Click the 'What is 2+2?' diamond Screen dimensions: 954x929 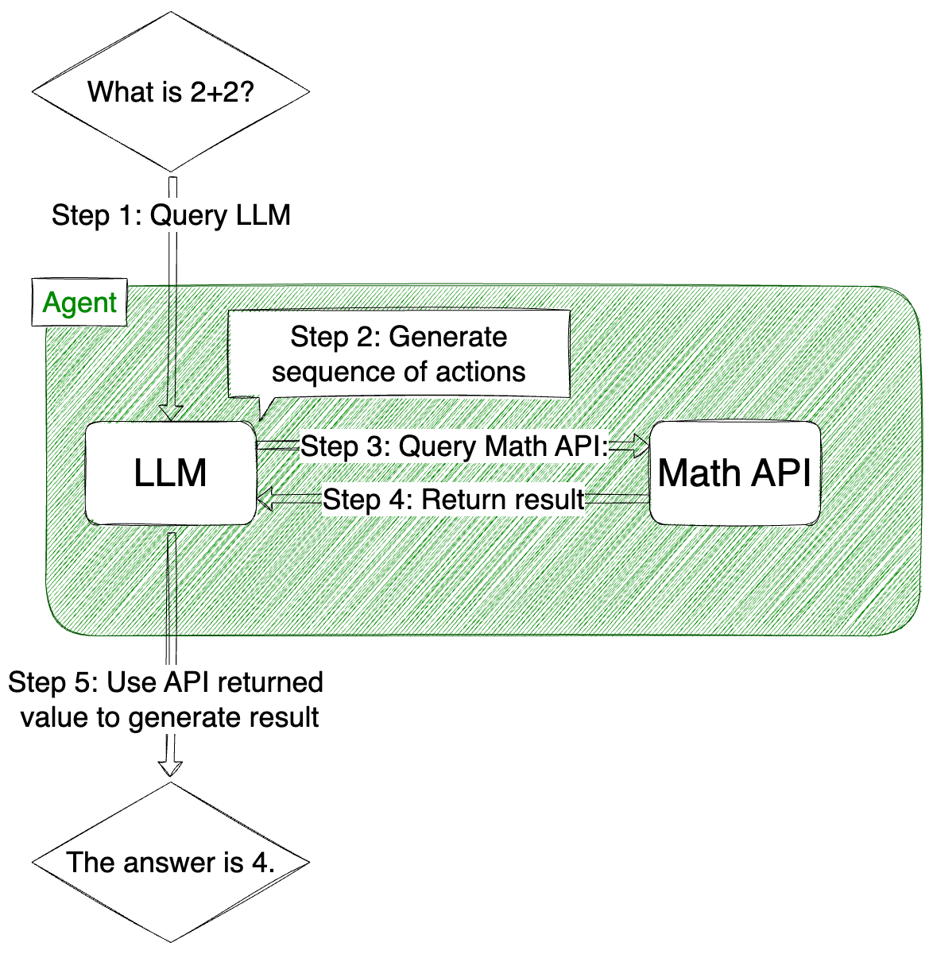pyautogui.click(x=170, y=92)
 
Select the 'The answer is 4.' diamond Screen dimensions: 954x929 pyautogui.click(x=170, y=862)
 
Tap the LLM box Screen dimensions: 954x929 pyautogui.click(x=170, y=473)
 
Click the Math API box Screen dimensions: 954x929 pyautogui.click(x=734, y=473)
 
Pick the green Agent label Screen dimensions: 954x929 pyautogui.click(x=79, y=303)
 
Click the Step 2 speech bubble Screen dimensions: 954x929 pyautogui.click(x=399, y=354)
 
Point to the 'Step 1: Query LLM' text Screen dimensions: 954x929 pyautogui.click(x=171, y=215)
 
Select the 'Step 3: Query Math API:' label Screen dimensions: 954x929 pyautogui.click(x=454, y=446)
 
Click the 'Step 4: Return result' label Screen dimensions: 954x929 pyautogui.click(x=454, y=500)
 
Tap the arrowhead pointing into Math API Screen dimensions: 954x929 pyautogui.click(x=642, y=447)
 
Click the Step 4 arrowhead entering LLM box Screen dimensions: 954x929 pyautogui.click(x=265, y=500)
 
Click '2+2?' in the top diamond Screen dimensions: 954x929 pyautogui.click(x=222, y=92)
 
